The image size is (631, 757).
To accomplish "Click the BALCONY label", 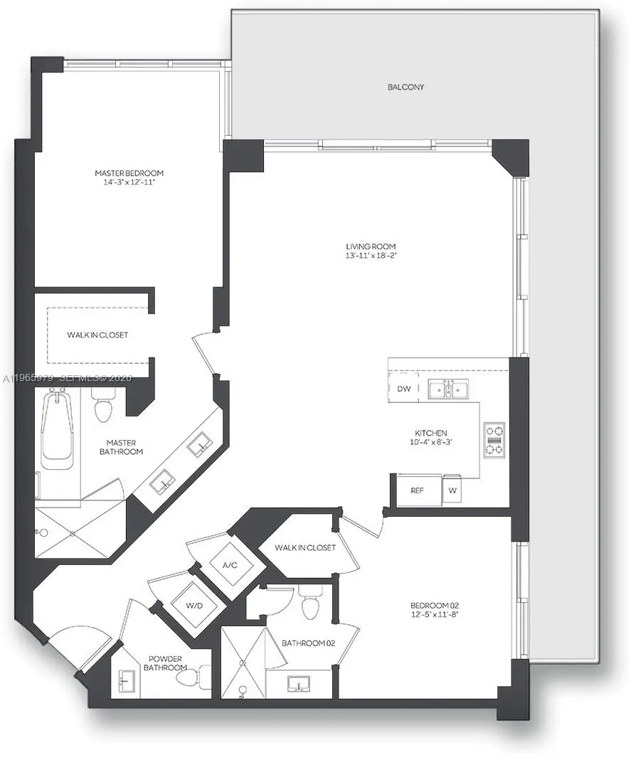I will pyautogui.click(x=405, y=87).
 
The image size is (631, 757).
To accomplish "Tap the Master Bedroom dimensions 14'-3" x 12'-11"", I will pyautogui.click(x=129, y=183).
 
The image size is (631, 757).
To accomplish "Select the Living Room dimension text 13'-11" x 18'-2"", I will pyautogui.click(x=366, y=256).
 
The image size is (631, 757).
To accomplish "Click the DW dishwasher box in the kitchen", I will pyautogui.click(x=403, y=389).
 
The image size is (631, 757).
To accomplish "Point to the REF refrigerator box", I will pyautogui.click(x=418, y=490).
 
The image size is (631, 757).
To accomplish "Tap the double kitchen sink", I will pyautogui.click(x=448, y=389).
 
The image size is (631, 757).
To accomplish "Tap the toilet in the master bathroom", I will pyautogui.click(x=104, y=409).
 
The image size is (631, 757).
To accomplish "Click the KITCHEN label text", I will pyautogui.click(x=431, y=433).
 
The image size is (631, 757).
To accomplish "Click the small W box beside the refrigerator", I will pyautogui.click(x=452, y=490).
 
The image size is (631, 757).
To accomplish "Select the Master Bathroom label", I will pyautogui.click(x=120, y=446).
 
